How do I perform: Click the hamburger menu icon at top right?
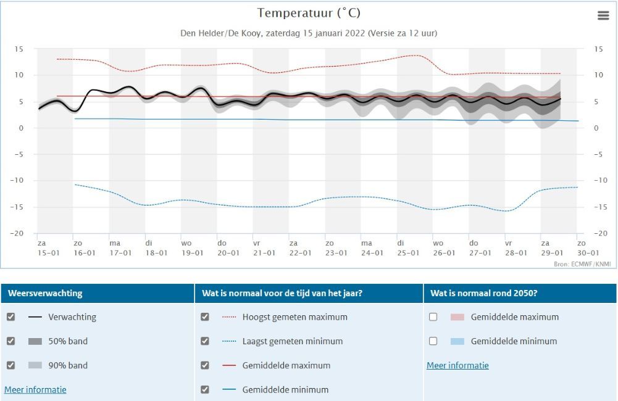coord(603,16)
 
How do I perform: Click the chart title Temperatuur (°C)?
coord(309,13)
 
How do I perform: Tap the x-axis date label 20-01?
coord(228,253)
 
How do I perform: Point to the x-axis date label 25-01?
coord(407,253)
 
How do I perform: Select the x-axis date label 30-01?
coord(588,253)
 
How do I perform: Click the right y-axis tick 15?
coord(598,49)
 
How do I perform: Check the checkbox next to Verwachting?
coord(10,317)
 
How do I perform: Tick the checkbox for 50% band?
coord(10,341)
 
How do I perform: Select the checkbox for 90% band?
coord(10,365)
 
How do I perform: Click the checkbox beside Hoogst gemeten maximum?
coord(205,317)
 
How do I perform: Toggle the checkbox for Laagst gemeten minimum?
coord(205,341)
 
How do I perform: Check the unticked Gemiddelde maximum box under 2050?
coord(433,317)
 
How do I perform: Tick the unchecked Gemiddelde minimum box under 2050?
coord(433,341)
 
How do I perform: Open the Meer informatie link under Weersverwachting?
coord(35,390)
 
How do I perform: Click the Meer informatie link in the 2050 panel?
coord(457,366)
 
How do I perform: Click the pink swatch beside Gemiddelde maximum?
coord(457,317)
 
